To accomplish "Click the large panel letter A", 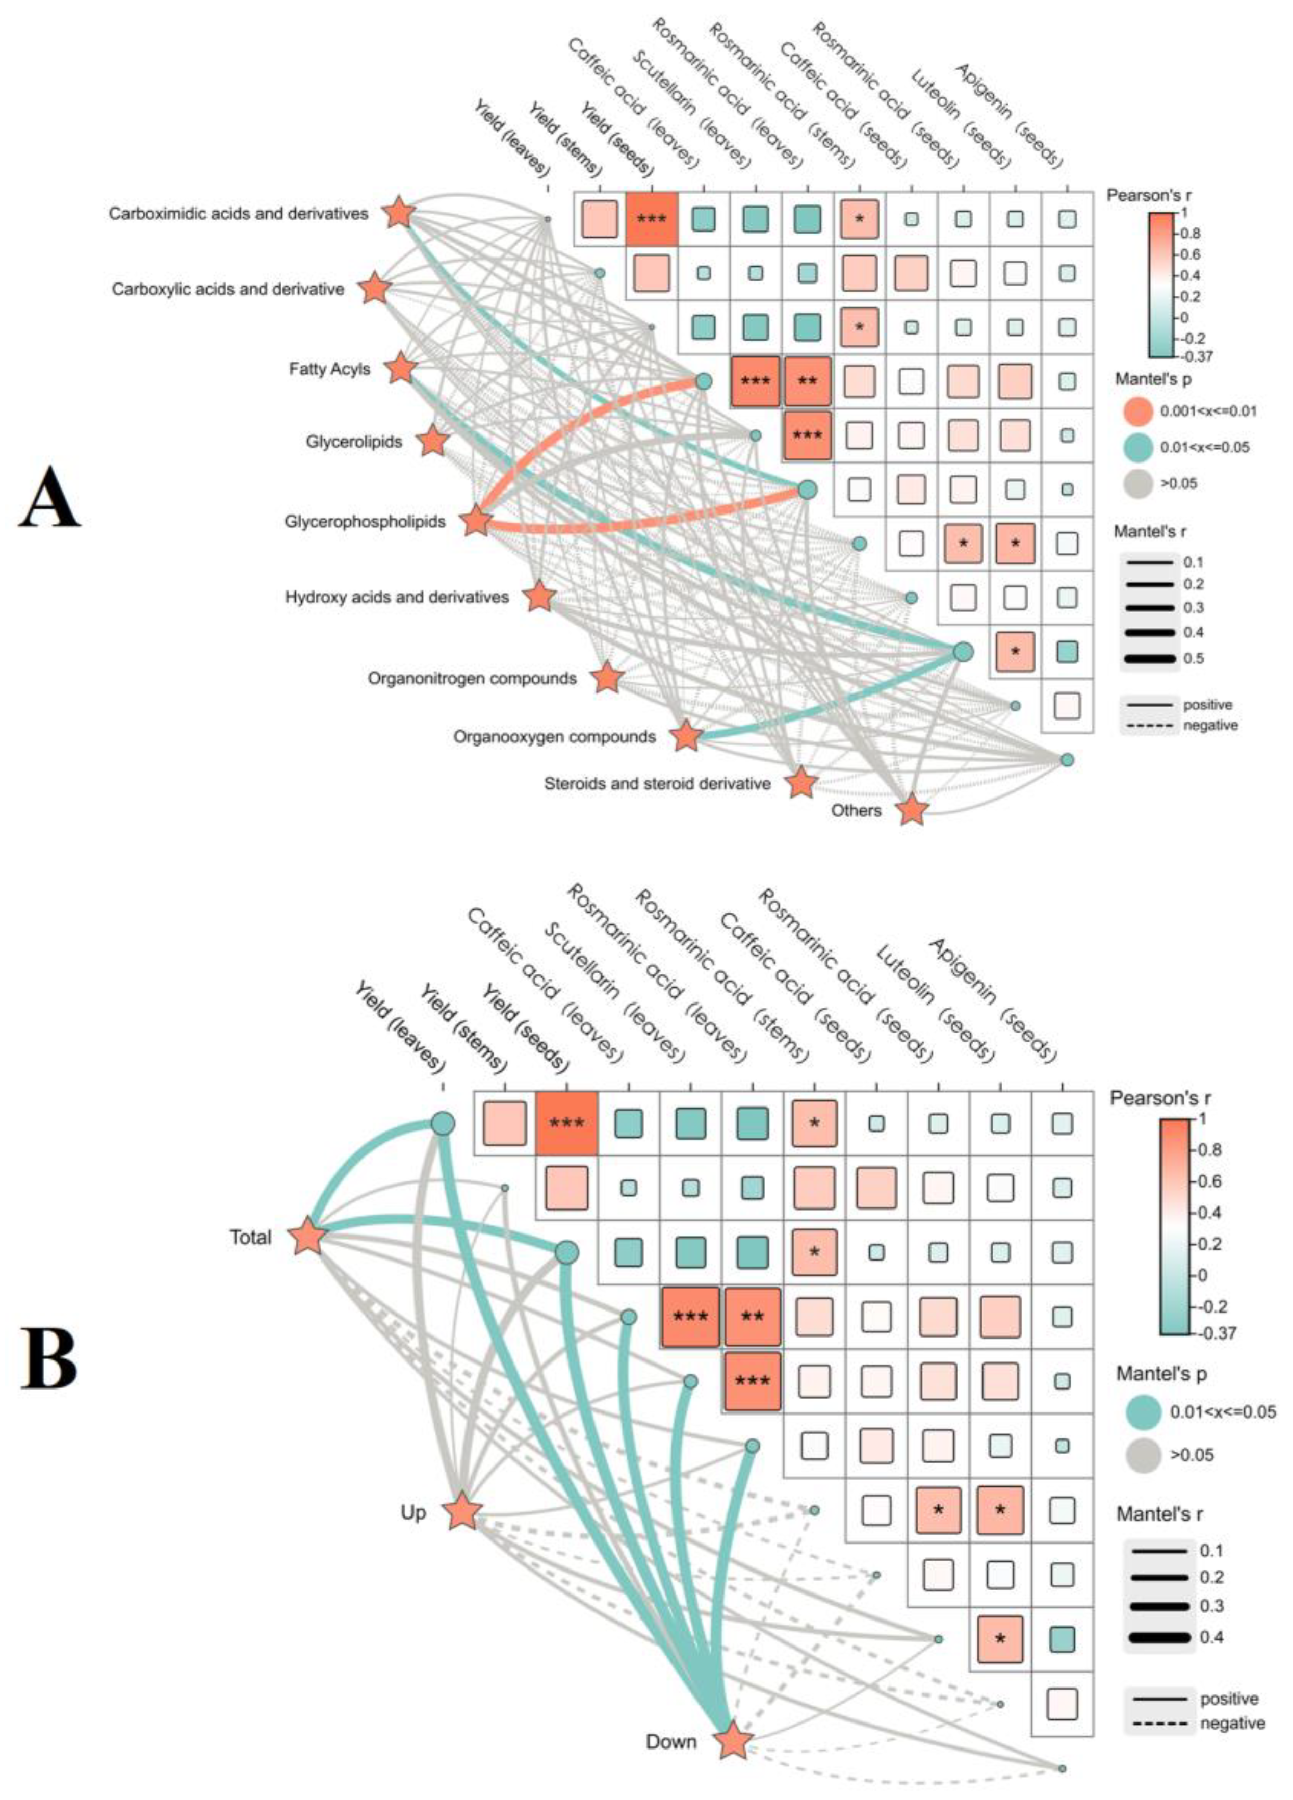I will [x=49, y=498].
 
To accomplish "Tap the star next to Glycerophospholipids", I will [x=476, y=521].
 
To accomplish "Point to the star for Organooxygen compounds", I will [x=687, y=736].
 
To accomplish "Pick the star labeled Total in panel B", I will [x=307, y=1237].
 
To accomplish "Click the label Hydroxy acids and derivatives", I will [x=397, y=596].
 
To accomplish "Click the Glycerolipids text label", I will [x=354, y=441].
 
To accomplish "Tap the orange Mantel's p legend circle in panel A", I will [x=1138, y=411].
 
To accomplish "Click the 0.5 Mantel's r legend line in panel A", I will [x=1149, y=658].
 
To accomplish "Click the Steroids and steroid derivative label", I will [x=657, y=783].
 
